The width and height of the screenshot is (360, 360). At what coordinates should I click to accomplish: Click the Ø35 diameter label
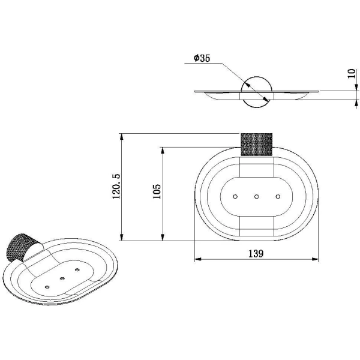tap(202, 58)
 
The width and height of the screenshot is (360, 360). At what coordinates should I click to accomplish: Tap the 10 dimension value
tap(352, 74)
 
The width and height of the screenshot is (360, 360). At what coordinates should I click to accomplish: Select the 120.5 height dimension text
tap(116, 186)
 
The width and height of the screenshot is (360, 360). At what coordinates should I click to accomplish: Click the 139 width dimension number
tap(256, 253)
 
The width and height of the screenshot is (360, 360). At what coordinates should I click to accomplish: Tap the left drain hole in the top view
tap(235, 197)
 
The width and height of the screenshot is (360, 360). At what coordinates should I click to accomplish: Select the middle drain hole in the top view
tap(256, 197)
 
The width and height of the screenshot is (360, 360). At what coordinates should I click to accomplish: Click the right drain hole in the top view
tap(278, 197)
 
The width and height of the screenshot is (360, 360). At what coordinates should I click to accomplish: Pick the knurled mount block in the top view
tap(256, 145)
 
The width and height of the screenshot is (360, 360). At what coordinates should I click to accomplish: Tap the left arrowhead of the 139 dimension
tap(198, 259)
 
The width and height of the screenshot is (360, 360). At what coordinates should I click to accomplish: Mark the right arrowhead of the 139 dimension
tap(315, 259)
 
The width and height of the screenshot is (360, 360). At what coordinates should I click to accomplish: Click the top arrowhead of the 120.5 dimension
tap(122, 137)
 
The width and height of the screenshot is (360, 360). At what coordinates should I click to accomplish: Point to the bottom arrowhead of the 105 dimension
tap(163, 238)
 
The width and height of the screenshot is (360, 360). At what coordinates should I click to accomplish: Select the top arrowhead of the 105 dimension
tap(163, 151)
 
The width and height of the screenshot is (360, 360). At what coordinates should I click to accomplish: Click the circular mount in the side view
tap(257, 92)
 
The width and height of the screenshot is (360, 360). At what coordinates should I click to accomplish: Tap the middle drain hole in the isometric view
tap(62, 278)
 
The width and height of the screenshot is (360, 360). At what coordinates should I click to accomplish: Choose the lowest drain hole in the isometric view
tap(47, 287)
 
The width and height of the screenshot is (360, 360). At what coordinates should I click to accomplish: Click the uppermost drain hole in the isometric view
tap(77, 270)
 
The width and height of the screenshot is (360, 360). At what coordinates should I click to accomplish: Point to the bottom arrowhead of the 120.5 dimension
tap(122, 238)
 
